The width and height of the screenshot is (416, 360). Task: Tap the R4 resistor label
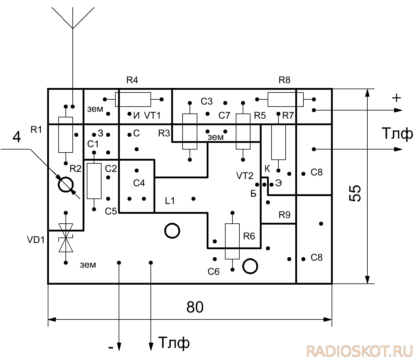(x=132, y=80)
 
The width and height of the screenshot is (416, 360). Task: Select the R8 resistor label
(x=284, y=80)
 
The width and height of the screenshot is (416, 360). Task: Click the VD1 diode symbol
(x=66, y=238)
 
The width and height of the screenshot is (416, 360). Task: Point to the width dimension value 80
(x=195, y=307)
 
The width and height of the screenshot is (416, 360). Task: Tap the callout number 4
(x=17, y=137)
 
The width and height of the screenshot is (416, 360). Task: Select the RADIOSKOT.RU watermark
(x=359, y=351)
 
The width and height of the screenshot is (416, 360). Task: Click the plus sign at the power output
(x=396, y=98)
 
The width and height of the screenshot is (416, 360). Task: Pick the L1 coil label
(x=170, y=201)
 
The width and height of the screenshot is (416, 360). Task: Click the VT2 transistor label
(x=244, y=176)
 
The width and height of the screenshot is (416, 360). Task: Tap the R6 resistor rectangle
(x=232, y=241)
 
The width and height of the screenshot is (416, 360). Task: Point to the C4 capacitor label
(x=139, y=183)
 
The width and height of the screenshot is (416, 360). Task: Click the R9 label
(x=284, y=215)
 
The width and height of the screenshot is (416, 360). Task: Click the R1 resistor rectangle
(x=65, y=135)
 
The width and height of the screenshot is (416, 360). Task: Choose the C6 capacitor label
(x=213, y=272)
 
